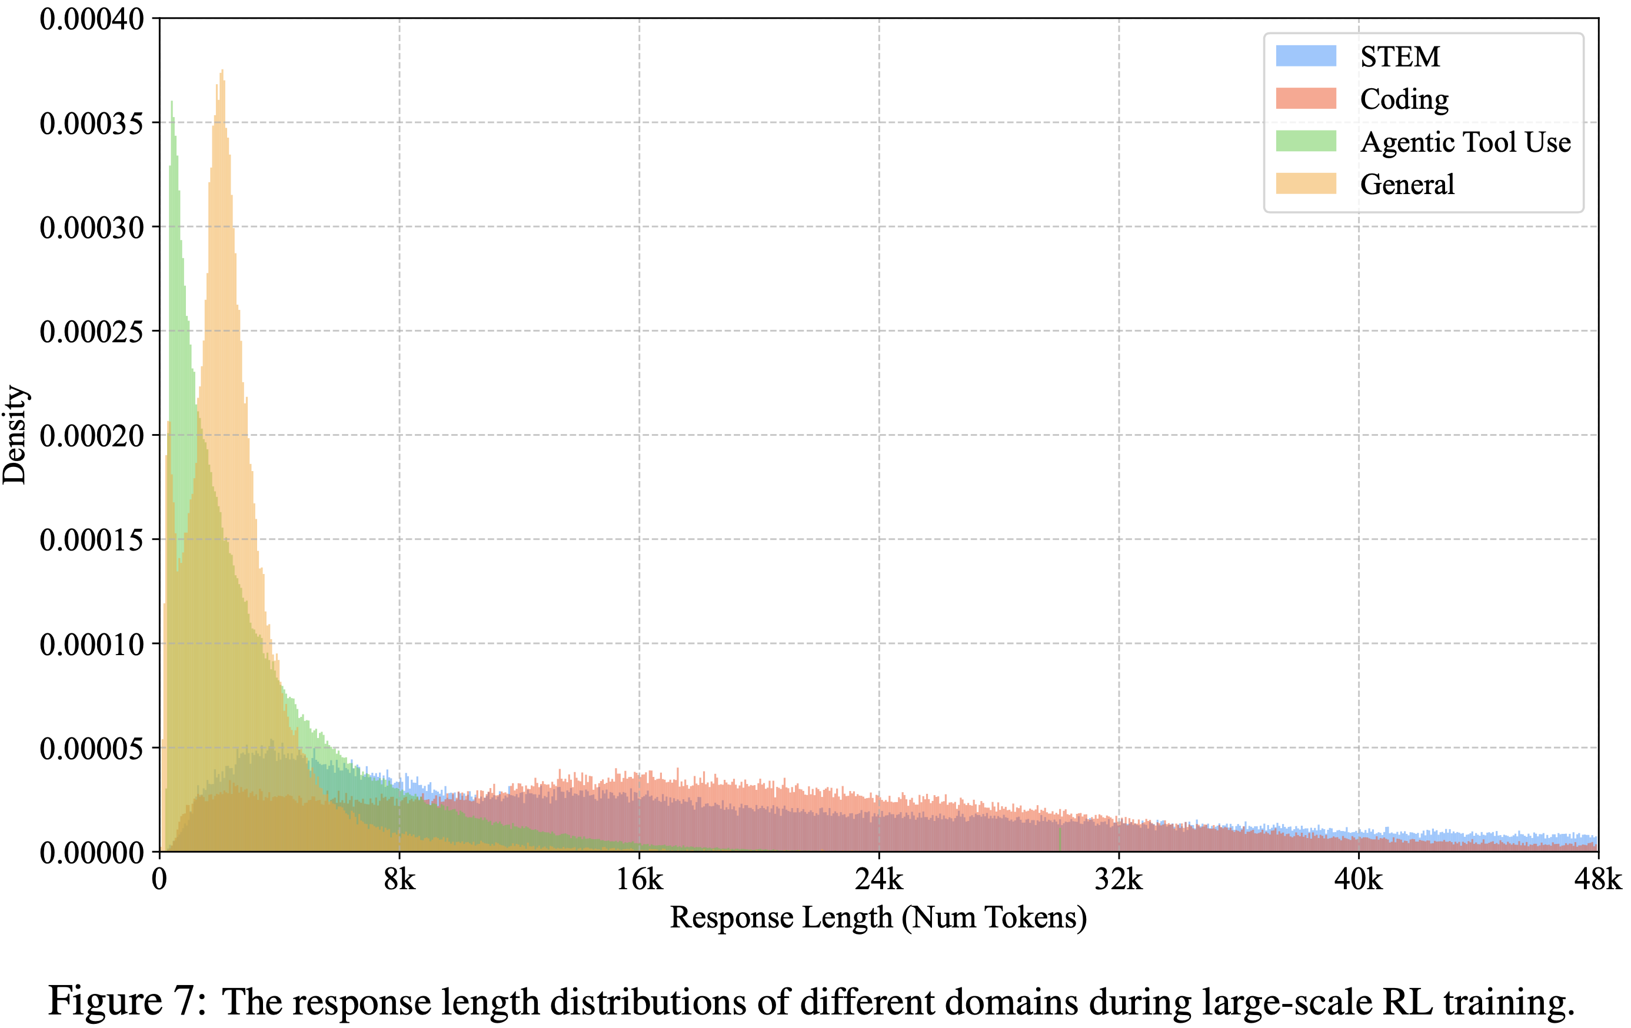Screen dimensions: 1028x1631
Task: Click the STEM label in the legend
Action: click(x=1399, y=57)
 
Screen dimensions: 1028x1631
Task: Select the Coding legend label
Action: click(x=1403, y=99)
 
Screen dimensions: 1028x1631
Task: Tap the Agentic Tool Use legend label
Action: click(x=1465, y=142)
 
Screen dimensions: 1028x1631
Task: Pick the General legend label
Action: click(x=1407, y=184)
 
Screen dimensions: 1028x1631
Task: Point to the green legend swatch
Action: click(x=1305, y=142)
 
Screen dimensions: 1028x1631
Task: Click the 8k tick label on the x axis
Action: click(x=399, y=880)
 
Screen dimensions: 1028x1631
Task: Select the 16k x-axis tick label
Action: click(x=639, y=880)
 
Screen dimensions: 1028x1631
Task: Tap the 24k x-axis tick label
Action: click(x=878, y=880)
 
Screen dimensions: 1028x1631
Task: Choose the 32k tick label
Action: click(x=1119, y=880)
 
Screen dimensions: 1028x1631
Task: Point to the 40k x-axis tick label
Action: click(x=1358, y=880)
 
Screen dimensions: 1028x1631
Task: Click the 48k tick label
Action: click(x=1597, y=880)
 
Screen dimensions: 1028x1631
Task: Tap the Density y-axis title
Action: click(x=15, y=435)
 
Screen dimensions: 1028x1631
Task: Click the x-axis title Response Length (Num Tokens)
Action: click(x=878, y=918)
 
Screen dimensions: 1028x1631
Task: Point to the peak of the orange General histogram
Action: click(x=221, y=72)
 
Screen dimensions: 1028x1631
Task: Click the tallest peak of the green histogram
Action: click(x=172, y=104)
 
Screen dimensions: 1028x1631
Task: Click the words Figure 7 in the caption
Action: click(x=126, y=1001)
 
